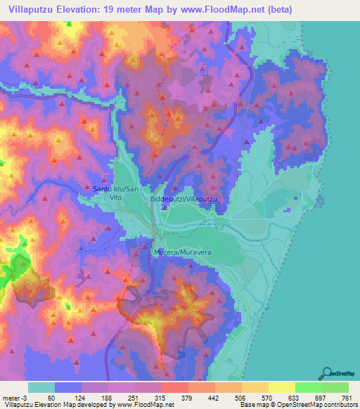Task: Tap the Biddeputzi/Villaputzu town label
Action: click(185, 200)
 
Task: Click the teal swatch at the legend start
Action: click(41, 387)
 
